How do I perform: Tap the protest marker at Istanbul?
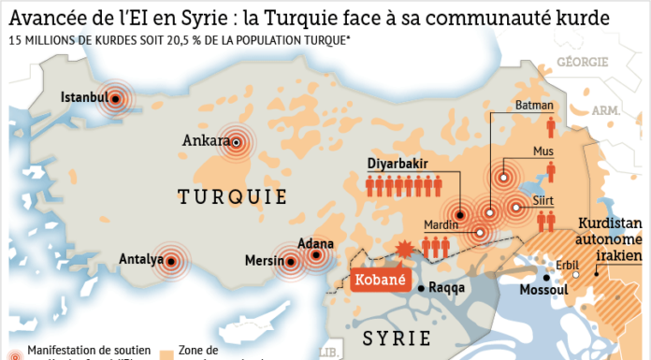click(x=115, y=98)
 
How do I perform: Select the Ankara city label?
click(x=207, y=141)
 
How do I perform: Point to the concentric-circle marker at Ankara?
click(x=238, y=142)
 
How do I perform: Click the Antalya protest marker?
click(x=170, y=261)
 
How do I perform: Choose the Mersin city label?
click(x=264, y=261)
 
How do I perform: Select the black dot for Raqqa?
click(x=423, y=288)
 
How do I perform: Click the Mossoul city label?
click(x=545, y=290)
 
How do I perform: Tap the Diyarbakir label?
click(x=398, y=165)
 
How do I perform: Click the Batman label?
click(x=535, y=106)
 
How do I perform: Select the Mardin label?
click(x=441, y=224)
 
